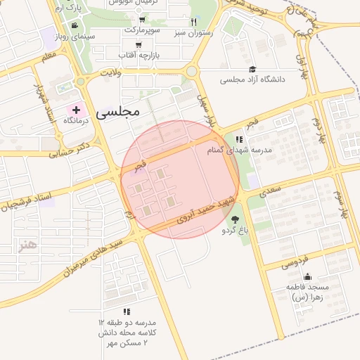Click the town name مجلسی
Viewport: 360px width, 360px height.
tap(117, 111)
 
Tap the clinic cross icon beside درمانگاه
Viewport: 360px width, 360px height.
tap(76, 110)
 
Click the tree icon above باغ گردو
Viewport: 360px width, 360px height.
tap(235, 219)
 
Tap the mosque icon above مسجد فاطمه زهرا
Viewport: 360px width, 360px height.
tap(307, 276)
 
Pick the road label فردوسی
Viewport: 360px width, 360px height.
tap(295, 262)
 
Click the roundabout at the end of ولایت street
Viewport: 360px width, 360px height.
tap(191, 71)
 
